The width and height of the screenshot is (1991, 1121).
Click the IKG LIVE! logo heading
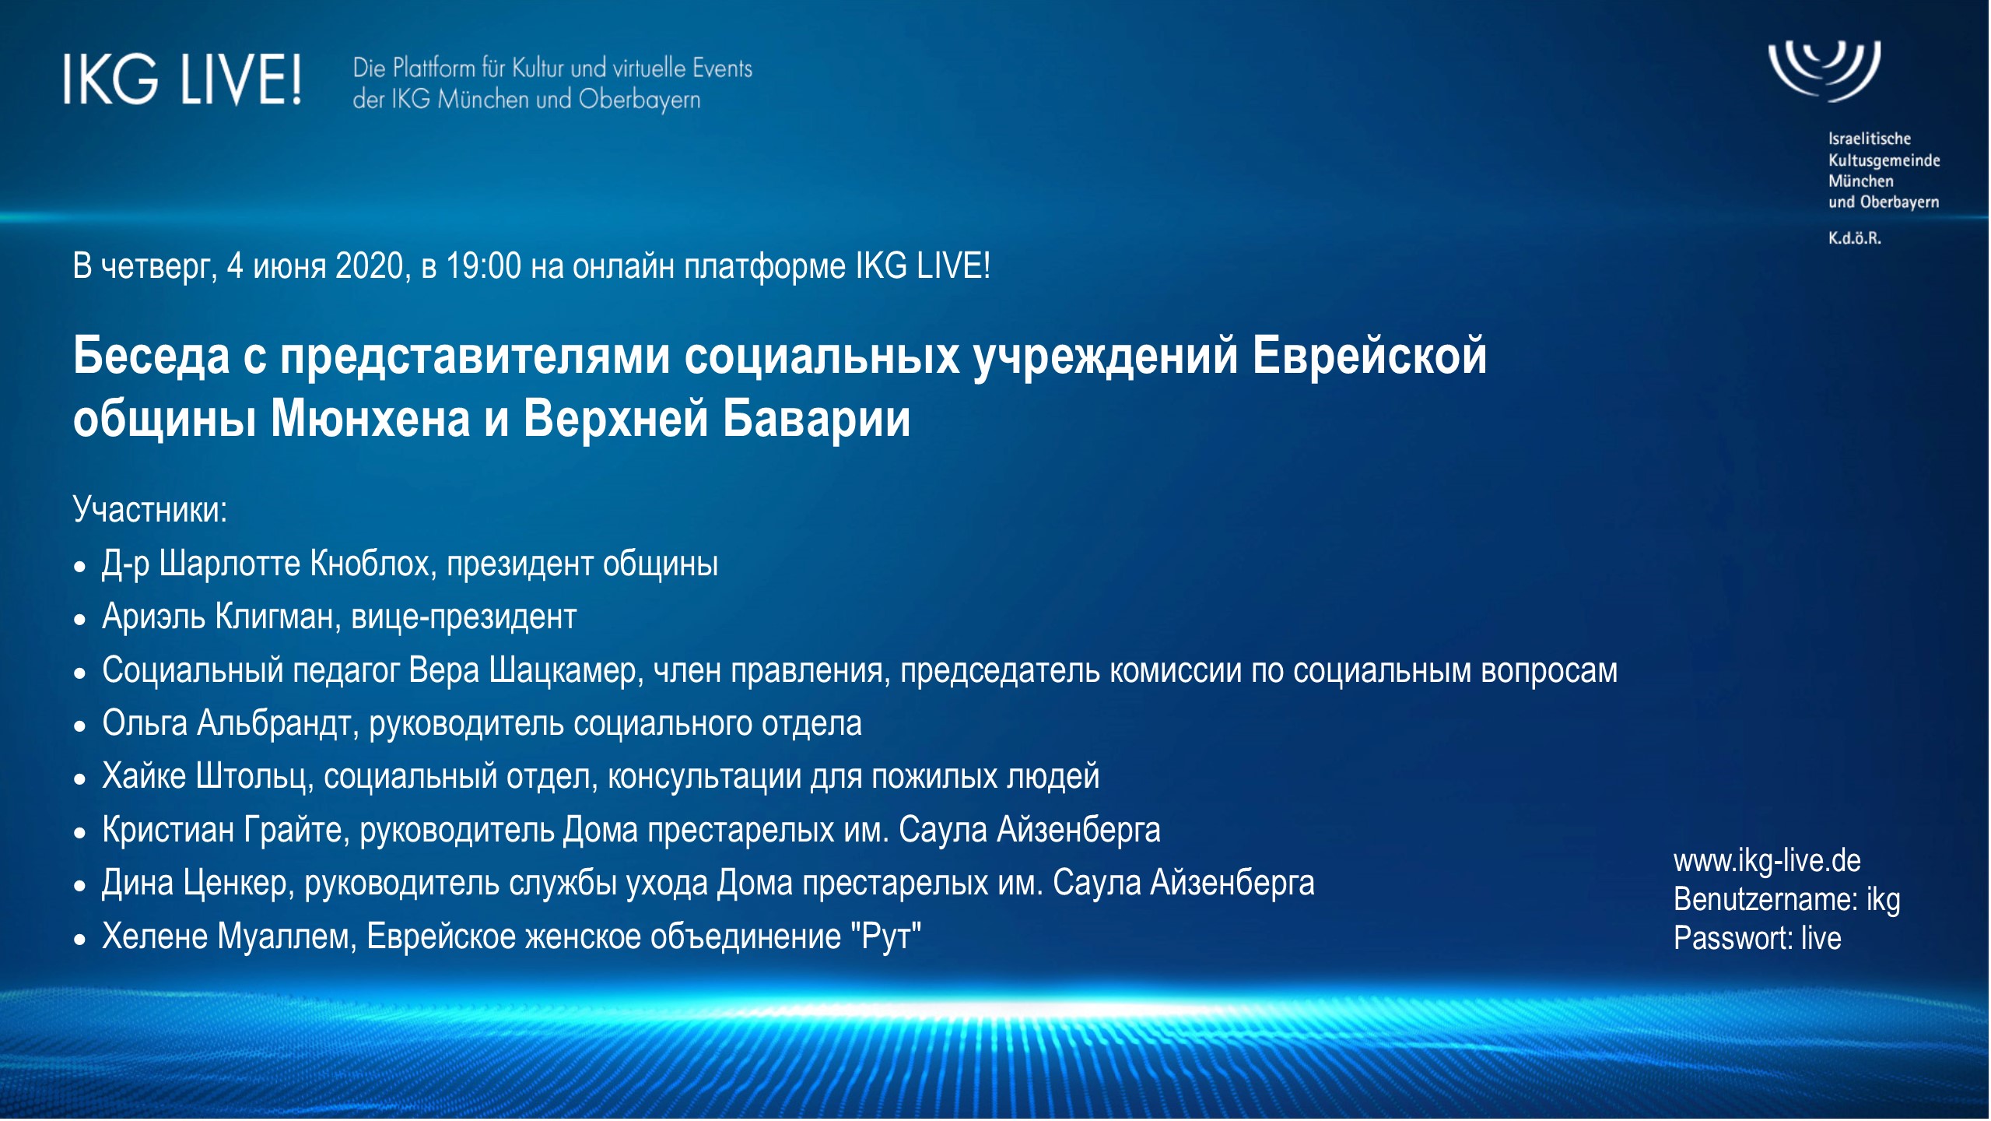[182, 79]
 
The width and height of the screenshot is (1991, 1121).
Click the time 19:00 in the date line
[483, 266]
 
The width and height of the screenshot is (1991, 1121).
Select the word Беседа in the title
[151, 356]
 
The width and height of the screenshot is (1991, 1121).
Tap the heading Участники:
[150, 510]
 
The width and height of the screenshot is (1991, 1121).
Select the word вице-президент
[464, 617]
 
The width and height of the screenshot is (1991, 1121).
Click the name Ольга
[145, 723]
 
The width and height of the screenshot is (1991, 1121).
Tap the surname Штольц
[254, 776]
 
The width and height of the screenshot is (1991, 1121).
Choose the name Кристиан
[168, 830]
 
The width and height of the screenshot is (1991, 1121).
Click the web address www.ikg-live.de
[1767, 861]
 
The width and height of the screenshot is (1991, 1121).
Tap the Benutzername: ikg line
[1787, 900]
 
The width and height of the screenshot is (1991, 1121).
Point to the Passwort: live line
[1758, 938]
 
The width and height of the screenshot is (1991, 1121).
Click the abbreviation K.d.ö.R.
[1855, 238]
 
